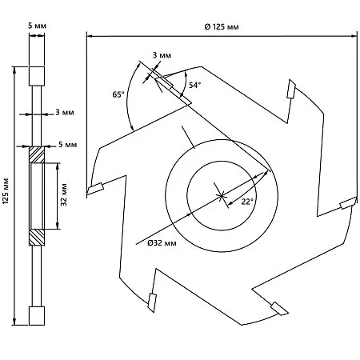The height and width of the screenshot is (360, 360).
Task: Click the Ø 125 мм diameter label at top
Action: (222, 26)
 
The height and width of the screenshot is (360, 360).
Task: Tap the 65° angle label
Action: (118, 94)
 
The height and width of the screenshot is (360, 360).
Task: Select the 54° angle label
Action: (195, 85)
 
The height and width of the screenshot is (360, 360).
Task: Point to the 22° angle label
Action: (247, 202)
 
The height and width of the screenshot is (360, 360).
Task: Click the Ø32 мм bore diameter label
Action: (162, 243)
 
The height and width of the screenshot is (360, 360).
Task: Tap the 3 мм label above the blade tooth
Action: (162, 55)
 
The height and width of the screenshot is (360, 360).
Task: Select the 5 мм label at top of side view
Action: (37, 26)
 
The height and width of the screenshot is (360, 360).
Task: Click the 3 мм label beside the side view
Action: (65, 112)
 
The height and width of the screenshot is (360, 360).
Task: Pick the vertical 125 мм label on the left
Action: (6, 190)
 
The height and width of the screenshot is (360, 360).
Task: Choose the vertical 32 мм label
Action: (64, 194)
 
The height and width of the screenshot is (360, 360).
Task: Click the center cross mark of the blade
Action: (222, 196)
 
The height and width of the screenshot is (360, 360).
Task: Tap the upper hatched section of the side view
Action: (37, 154)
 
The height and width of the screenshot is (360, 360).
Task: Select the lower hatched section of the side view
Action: (37, 238)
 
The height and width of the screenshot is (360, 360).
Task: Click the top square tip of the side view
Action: (37, 76)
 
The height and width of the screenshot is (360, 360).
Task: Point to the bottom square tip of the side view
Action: (37, 316)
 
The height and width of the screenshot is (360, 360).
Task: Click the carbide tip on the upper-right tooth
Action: (291, 89)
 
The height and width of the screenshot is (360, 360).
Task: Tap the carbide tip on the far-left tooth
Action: (95, 189)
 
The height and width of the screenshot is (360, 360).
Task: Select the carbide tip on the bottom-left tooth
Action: (152, 302)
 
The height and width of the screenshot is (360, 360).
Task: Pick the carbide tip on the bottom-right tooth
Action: (279, 309)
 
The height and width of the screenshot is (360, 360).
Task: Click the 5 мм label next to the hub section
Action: (68, 145)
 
